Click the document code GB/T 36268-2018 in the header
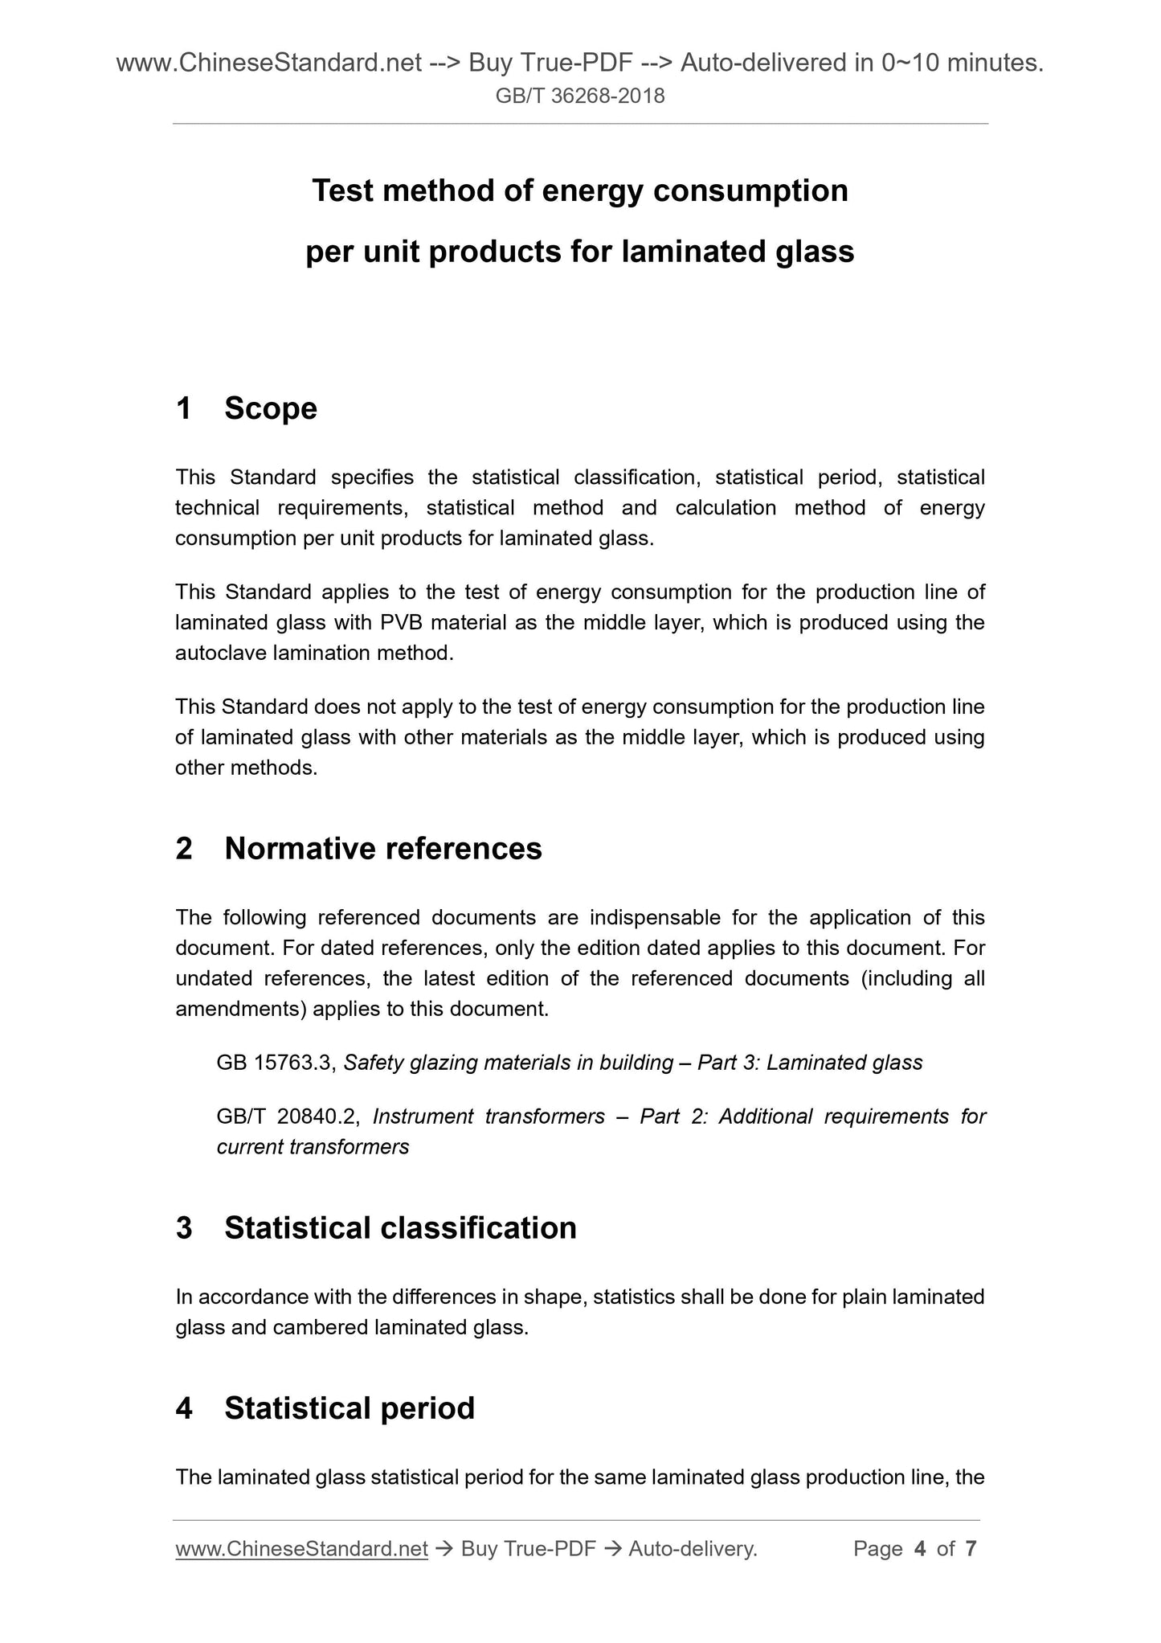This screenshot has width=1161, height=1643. point(579,96)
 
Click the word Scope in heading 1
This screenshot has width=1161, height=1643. point(271,408)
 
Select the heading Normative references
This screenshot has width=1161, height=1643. point(383,849)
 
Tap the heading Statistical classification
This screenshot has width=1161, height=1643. point(400,1228)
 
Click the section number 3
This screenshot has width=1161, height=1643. point(184,1228)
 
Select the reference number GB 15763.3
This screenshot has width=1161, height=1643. point(274,1063)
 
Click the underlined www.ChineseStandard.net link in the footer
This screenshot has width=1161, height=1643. point(301,1549)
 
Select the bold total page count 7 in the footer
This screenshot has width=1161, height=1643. point(971,1549)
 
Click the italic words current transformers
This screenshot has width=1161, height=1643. point(313,1147)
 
